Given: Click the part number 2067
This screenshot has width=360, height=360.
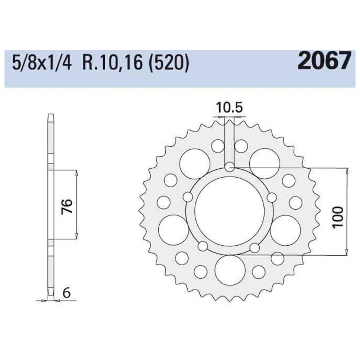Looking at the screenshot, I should (x=323, y=61).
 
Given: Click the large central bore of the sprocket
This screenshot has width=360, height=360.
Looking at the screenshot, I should (x=229, y=209).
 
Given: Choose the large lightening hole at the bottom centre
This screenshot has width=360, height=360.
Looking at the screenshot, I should (x=229, y=270).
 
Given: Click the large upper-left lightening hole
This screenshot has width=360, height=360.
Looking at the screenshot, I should (x=193, y=162).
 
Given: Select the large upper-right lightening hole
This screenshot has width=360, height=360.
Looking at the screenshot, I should (x=265, y=162).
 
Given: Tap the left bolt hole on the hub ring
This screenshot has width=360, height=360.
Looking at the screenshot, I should (x=188, y=197).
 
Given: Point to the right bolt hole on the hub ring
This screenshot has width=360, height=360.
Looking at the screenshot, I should (x=271, y=197).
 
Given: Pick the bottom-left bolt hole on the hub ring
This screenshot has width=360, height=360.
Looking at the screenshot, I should (x=203, y=246).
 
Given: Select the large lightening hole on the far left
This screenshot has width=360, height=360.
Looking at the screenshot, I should (x=172, y=229).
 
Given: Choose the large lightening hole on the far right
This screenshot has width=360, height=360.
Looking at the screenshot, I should (x=287, y=229).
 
